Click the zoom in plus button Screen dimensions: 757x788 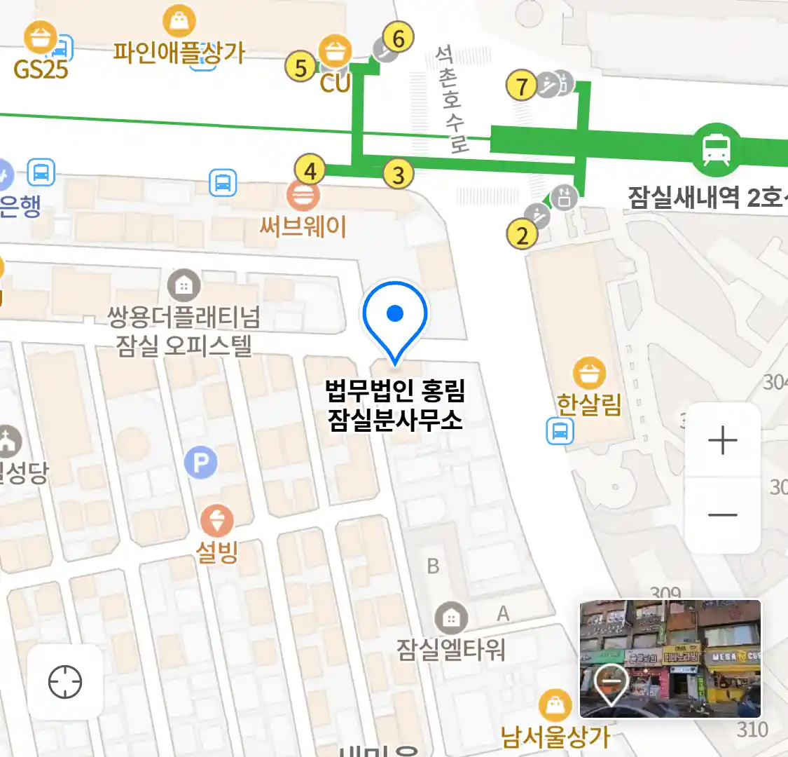(722, 441)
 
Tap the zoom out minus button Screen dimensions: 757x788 (722, 515)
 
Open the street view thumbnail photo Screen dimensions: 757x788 (670, 658)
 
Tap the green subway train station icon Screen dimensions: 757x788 (716, 149)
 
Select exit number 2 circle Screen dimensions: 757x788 (522, 235)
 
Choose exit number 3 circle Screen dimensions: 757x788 (398, 174)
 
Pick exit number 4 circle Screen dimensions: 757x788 (310, 170)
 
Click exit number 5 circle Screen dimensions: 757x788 (300, 67)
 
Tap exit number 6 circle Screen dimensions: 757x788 (399, 38)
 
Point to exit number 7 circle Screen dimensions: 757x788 (522, 86)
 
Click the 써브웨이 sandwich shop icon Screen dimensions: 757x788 (303, 196)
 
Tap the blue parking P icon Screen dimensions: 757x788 (201, 463)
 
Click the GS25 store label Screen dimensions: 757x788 (41, 69)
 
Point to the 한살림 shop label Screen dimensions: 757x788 (588, 404)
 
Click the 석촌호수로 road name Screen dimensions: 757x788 (452, 98)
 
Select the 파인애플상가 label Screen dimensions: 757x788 (179, 53)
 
